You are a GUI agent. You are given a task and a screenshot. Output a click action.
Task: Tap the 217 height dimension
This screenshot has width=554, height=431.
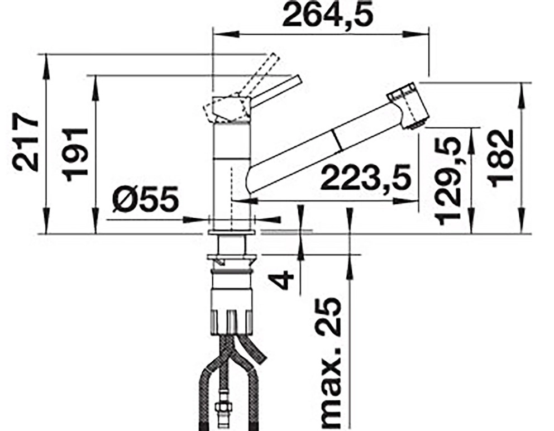pos(25,142)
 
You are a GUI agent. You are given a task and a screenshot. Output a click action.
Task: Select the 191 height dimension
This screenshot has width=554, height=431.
pos(74,155)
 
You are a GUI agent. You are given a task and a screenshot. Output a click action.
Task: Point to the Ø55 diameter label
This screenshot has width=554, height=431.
pos(146,200)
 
